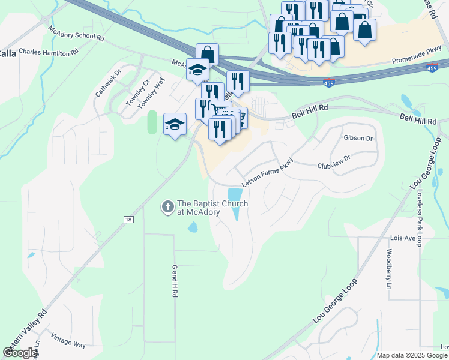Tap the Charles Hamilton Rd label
coord(49,52)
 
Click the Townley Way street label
coord(151,94)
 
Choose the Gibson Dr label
coord(358,137)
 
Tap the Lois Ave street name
coord(403,238)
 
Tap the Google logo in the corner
coord(20,353)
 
